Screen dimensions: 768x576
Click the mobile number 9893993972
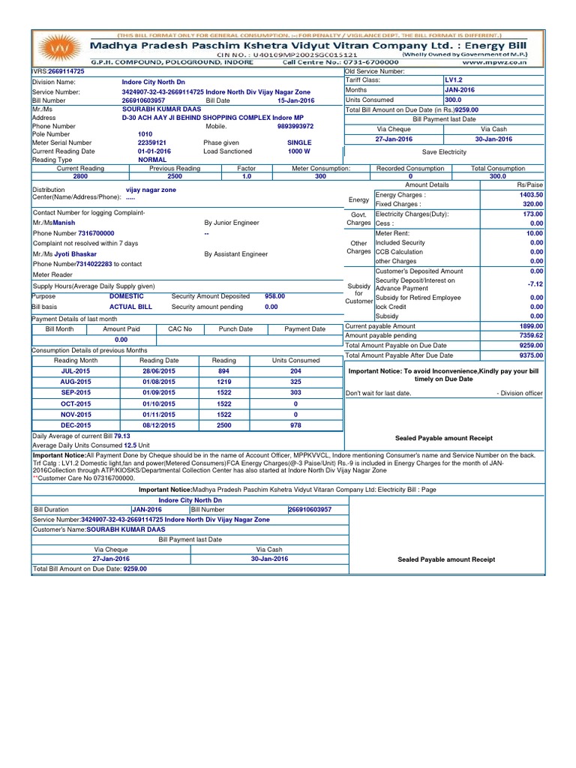[295, 127]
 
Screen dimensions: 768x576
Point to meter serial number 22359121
[151, 142]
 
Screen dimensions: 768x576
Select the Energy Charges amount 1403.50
[531, 194]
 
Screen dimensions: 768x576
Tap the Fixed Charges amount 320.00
[532, 204]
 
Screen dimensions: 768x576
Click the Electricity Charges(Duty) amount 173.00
[532, 214]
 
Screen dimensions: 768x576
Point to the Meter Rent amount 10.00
[535, 233]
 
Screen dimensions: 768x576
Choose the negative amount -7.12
[535, 284]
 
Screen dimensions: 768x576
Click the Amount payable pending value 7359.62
[530, 336]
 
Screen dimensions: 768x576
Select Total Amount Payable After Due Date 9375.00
[530, 355]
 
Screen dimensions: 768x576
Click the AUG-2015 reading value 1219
[223, 382]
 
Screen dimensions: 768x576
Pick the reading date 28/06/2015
[159, 371]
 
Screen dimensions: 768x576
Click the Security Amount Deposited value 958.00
[274, 296]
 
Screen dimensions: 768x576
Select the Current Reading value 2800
[81, 177]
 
